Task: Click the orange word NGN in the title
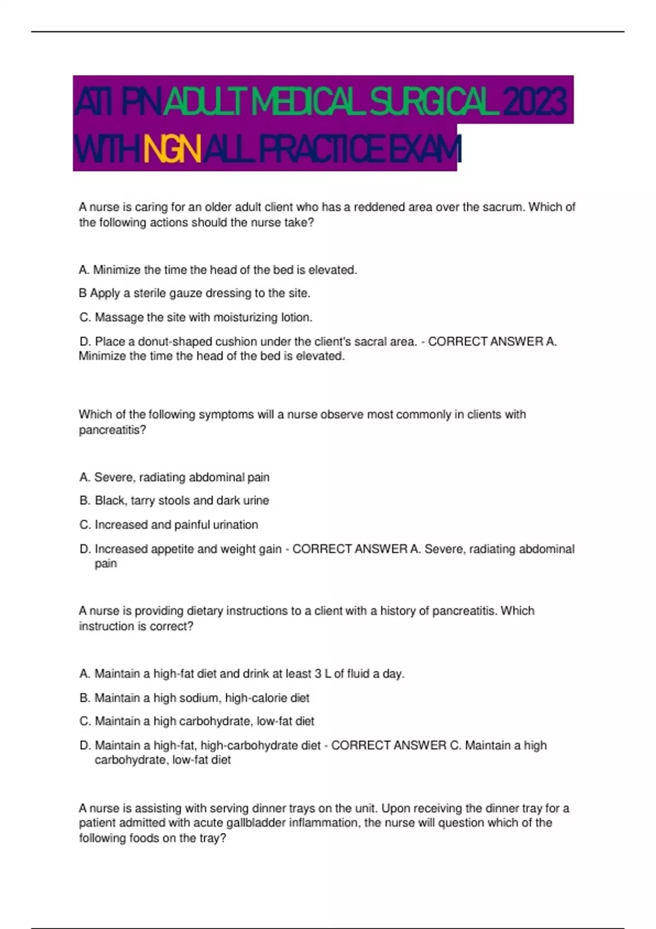tap(172, 149)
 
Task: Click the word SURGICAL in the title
tap(435, 102)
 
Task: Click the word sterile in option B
tap(152, 293)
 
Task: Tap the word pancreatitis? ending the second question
tap(112, 430)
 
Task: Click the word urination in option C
tap(236, 525)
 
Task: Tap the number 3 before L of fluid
tap(318, 674)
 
